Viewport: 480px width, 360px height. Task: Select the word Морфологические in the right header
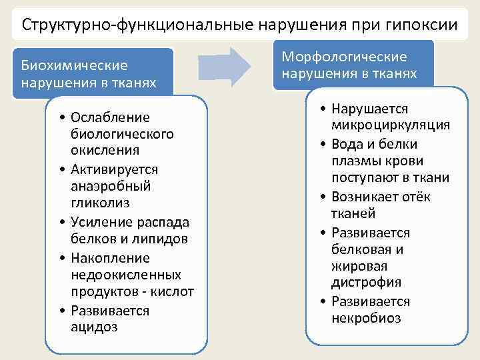344,57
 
